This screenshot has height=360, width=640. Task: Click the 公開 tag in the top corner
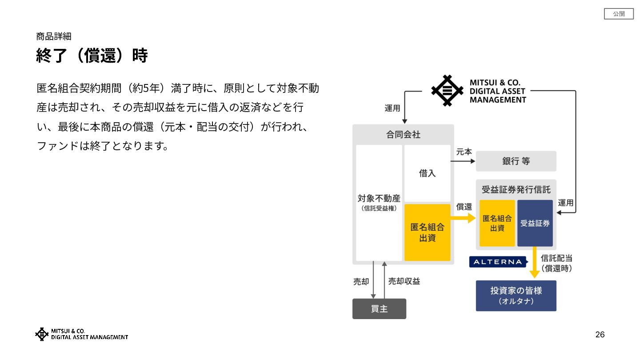coord(619,14)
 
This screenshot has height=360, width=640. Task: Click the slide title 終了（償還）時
coord(92,56)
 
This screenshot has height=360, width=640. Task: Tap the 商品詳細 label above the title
coord(53,36)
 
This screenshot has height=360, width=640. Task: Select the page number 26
coord(600,335)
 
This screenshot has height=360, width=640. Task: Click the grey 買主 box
coord(379,309)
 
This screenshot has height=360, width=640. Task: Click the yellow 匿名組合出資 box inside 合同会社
coord(427,232)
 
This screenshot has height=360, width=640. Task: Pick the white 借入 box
coord(427,173)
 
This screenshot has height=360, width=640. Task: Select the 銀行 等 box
coord(516,161)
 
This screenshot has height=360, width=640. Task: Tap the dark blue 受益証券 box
coord(535,223)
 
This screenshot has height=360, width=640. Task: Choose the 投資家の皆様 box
coord(516,296)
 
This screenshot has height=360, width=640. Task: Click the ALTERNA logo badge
coord(498,262)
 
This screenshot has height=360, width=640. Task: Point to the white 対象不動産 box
coord(379,202)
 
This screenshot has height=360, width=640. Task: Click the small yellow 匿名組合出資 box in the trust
coord(497,223)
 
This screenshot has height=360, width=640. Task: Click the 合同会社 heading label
coord(403,135)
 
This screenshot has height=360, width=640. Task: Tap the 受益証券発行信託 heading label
coord(516,190)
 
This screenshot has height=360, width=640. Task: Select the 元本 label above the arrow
coord(464,152)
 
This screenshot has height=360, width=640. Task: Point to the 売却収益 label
coord(404,281)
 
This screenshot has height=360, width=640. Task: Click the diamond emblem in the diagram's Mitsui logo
coord(448,91)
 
